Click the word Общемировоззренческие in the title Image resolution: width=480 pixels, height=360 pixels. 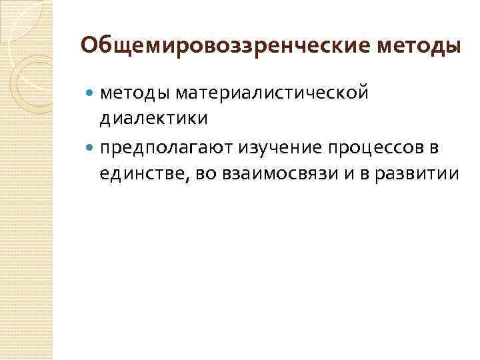point(224,46)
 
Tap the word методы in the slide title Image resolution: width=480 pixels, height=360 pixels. point(418,46)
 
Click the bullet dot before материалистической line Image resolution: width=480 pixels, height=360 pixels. point(91,94)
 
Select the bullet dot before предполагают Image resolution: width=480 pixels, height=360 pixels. point(91,149)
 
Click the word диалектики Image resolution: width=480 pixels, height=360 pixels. point(153,119)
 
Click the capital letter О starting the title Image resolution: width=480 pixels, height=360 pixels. point(89,46)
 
